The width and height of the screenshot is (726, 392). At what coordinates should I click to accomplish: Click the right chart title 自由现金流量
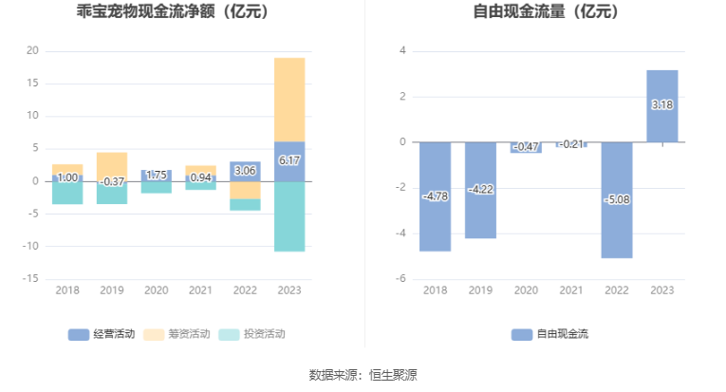click(x=545, y=12)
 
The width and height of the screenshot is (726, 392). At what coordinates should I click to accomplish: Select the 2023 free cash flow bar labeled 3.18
click(x=662, y=105)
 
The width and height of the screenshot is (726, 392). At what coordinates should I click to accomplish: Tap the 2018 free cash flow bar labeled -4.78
click(x=435, y=196)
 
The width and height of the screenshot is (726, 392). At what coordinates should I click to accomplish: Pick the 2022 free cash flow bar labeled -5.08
click(x=617, y=199)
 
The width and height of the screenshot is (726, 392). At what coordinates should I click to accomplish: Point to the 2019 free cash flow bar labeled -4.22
click(x=480, y=190)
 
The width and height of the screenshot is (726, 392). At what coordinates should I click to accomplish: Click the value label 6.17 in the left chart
click(x=289, y=161)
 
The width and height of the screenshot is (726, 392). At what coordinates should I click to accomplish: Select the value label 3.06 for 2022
click(x=245, y=171)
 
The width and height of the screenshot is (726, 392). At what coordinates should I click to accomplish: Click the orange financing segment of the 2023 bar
click(x=289, y=100)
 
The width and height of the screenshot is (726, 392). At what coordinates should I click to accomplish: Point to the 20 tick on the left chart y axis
click(x=32, y=50)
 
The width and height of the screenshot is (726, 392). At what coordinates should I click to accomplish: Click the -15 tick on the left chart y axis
click(x=30, y=279)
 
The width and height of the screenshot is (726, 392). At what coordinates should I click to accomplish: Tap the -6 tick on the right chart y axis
click(x=401, y=279)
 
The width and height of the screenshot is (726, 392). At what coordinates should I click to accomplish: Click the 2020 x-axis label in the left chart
click(x=156, y=290)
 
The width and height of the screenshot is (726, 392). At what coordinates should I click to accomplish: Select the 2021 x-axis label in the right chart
click(x=571, y=290)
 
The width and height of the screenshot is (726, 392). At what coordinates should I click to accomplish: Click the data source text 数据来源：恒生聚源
click(x=363, y=375)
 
